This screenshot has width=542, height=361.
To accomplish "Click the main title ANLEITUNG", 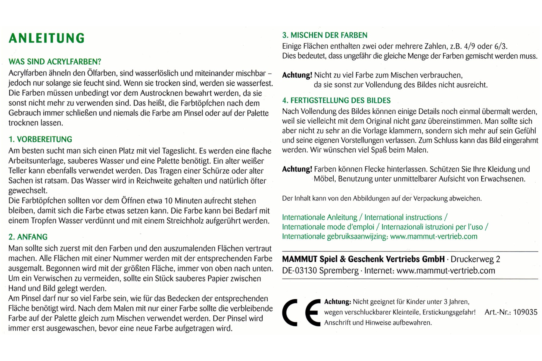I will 47,38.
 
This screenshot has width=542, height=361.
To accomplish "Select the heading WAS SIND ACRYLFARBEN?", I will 55,62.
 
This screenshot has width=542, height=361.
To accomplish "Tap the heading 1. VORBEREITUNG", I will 40,139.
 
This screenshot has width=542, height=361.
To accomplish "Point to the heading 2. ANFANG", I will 28,237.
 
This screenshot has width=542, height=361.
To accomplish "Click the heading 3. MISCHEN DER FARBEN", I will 325,35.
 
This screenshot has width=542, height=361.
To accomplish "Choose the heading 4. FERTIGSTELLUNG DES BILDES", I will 336,100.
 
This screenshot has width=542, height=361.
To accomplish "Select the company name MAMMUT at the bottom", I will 300,259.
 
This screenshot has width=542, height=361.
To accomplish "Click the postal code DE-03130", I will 299,270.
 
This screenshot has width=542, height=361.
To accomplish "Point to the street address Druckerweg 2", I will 475,259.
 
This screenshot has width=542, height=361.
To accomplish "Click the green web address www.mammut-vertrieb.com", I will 434,236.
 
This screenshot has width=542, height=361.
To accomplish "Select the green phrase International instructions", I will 403,217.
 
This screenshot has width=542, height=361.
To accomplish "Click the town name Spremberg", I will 339,270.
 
